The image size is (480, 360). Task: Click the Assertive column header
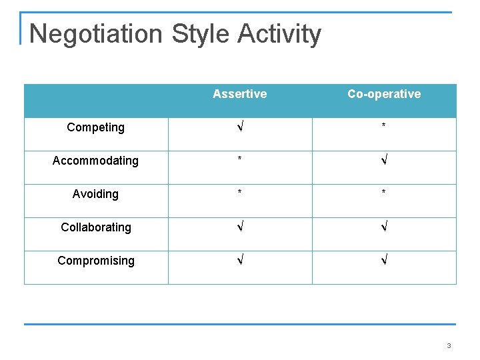pos(239,94)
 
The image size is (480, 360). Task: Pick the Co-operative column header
pos(384,94)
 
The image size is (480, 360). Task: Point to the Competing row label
pos(95,127)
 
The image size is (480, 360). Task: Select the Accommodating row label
pos(95,161)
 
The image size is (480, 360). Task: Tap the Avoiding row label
pos(95,194)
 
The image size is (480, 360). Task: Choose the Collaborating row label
pos(95,227)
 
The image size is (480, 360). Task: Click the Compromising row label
pos(95,261)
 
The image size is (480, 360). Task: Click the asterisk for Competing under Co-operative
pos(384,127)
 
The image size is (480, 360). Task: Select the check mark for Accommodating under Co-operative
pos(384,161)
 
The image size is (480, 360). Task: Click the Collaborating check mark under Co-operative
pos(384,227)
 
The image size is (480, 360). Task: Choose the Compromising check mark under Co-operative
pos(384,261)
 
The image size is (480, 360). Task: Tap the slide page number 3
pos(449,346)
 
